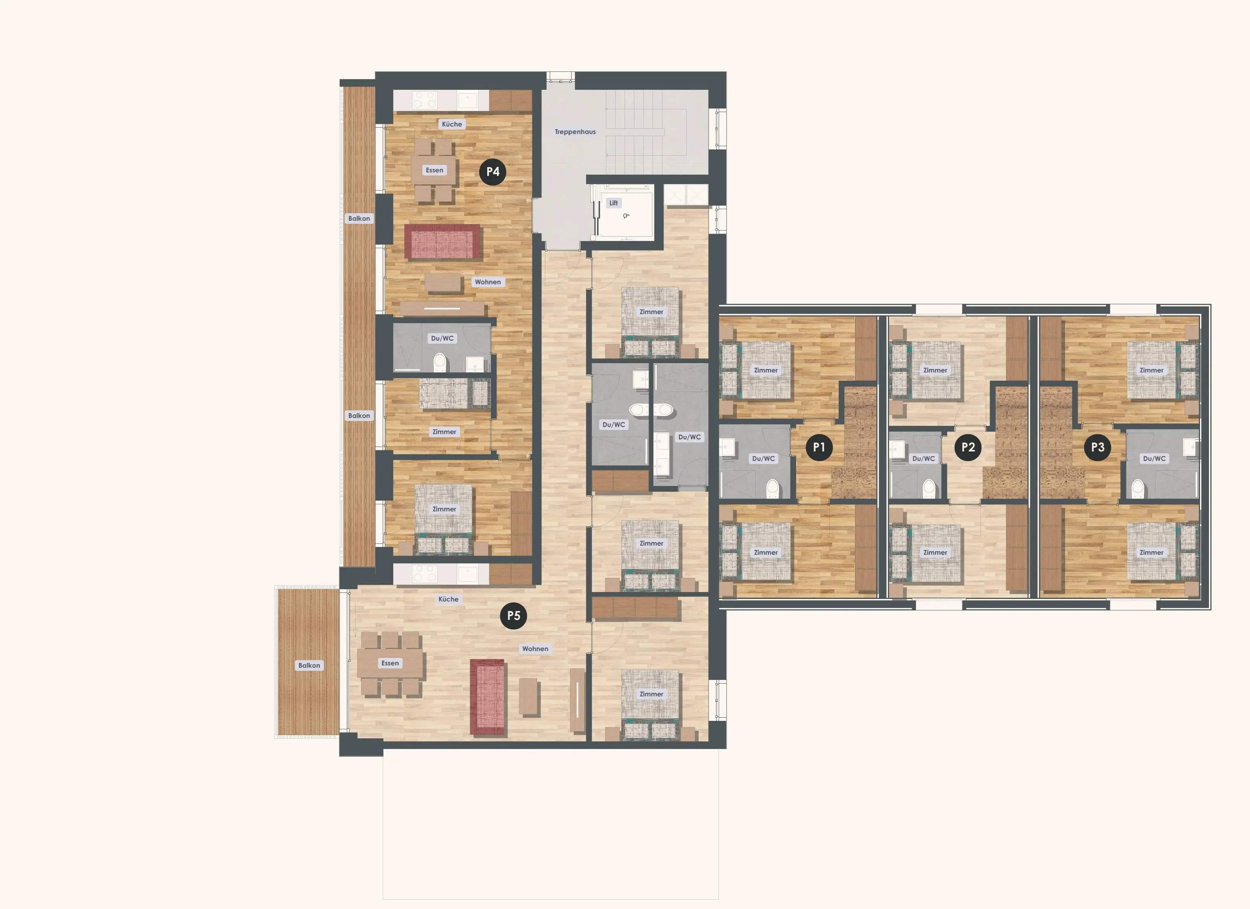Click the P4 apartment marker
pyautogui.click(x=493, y=171)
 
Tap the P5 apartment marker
pyautogui.click(x=514, y=616)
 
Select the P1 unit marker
pyautogui.click(x=819, y=447)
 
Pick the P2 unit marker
pyautogui.click(x=968, y=447)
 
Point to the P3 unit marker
pyautogui.click(x=1098, y=447)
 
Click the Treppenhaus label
pyautogui.click(x=575, y=132)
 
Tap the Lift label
pyautogui.click(x=614, y=203)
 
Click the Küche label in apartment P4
pyautogui.click(x=452, y=124)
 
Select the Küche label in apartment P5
pyautogui.click(x=448, y=599)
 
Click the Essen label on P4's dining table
pyautogui.click(x=434, y=170)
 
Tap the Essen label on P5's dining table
pyautogui.click(x=390, y=663)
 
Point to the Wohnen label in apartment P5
pyautogui.click(x=535, y=649)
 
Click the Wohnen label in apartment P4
pyautogui.click(x=488, y=282)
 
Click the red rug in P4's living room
pyautogui.click(x=442, y=241)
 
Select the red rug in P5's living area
pyautogui.click(x=488, y=697)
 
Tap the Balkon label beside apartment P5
pyautogui.click(x=309, y=665)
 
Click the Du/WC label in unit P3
pyautogui.click(x=1154, y=459)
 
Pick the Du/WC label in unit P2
pyautogui.click(x=923, y=459)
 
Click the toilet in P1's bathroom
pyautogui.click(x=772, y=488)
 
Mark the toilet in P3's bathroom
pyautogui.click(x=1137, y=488)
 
